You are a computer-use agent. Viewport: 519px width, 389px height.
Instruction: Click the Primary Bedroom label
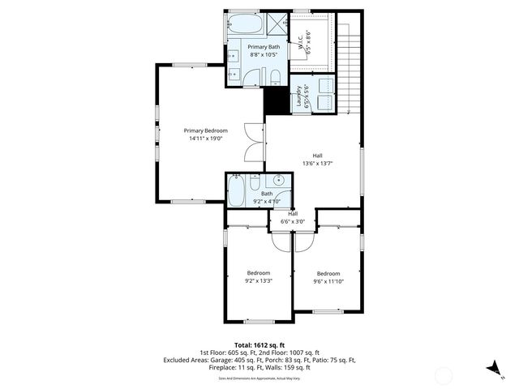coord(205,130)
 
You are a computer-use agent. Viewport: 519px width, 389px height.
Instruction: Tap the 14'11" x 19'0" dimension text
coord(205,139)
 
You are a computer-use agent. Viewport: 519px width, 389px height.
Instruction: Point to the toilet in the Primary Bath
coord(275,77)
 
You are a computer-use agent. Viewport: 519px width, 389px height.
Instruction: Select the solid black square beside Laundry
coord(277,101)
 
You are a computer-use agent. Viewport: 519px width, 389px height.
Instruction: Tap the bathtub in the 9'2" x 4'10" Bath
coord(237,193)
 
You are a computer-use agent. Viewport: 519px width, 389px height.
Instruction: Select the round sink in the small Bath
coord(278,182)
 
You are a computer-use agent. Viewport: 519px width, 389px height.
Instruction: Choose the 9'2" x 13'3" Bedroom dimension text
coord(259,281)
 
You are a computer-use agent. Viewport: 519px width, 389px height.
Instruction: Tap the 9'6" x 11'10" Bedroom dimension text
coord(328,281)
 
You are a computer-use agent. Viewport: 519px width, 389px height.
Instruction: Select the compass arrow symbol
coord(492,368)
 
